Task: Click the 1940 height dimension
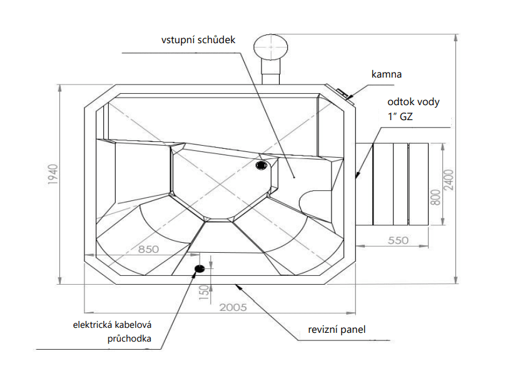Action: (x=53, y=178)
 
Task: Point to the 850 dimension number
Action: (x=148, y=248)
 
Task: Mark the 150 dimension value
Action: (x=203, y=292)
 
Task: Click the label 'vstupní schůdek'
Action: (x=198, y=39)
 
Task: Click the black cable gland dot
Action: (x=200, y=269)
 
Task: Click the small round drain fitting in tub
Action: (x=262, y=165)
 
